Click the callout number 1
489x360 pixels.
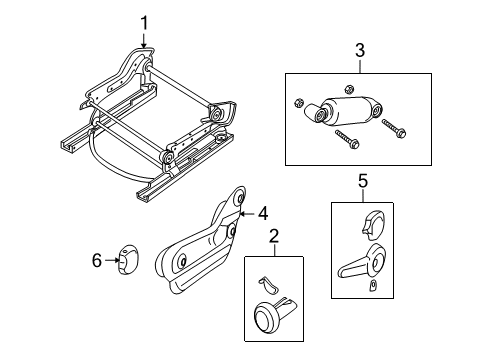pos(144,21)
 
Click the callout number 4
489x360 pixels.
pos(263,212)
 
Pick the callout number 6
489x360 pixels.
pos(97,260)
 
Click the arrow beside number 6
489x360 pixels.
pos(111,260)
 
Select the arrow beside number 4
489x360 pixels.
pos(249,212)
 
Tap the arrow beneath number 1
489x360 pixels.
pos(144,40)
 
